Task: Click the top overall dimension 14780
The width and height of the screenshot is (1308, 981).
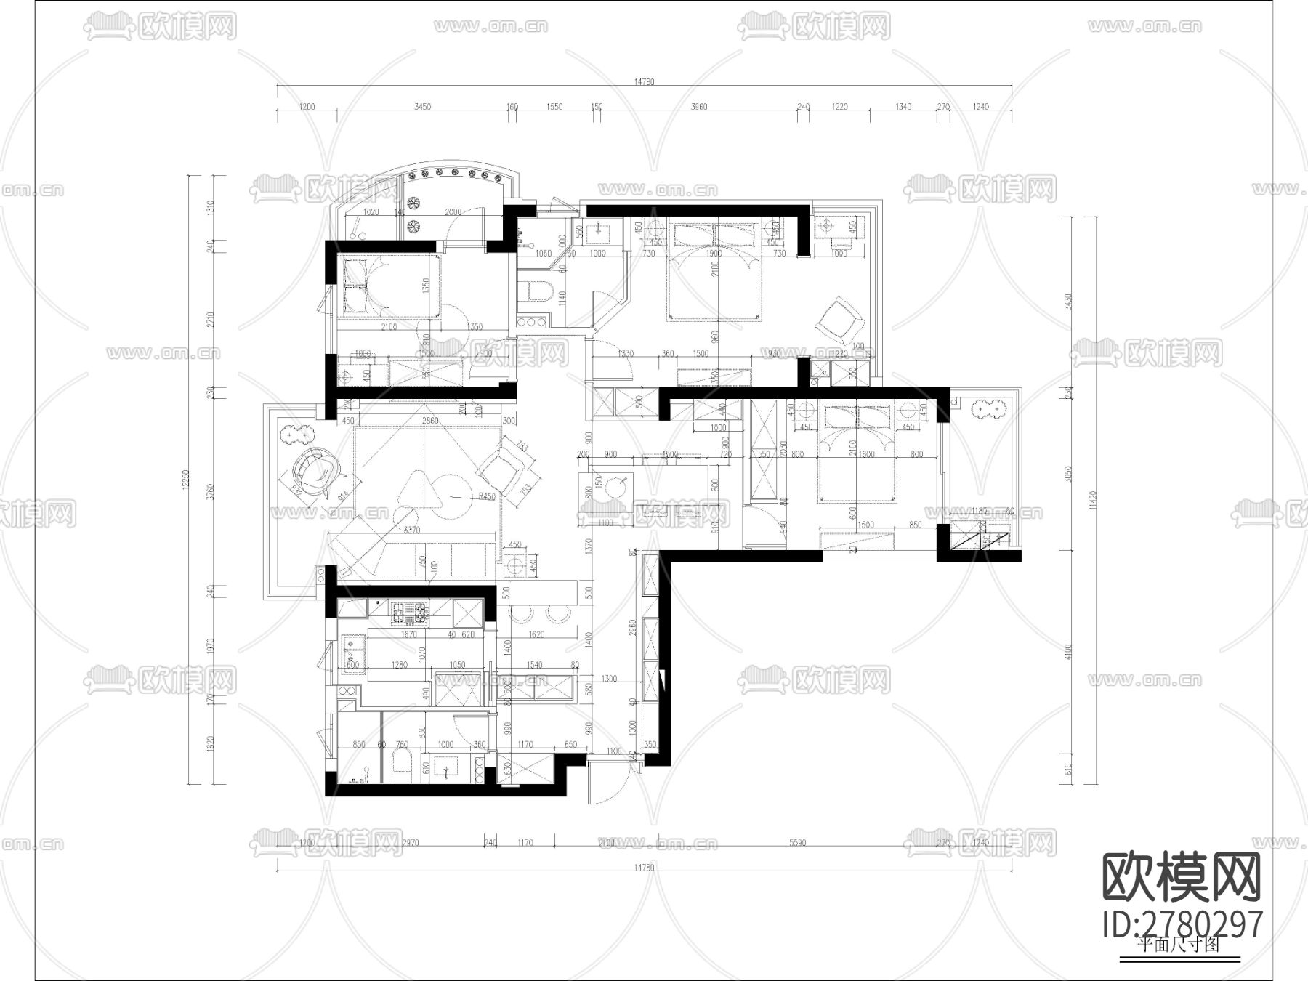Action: pos(644,82)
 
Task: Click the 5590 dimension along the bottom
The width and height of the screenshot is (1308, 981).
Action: pos(797,843)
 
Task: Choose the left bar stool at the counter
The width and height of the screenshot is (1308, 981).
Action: pos(522,614)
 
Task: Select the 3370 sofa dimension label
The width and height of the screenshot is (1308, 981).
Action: pos(412,530)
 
